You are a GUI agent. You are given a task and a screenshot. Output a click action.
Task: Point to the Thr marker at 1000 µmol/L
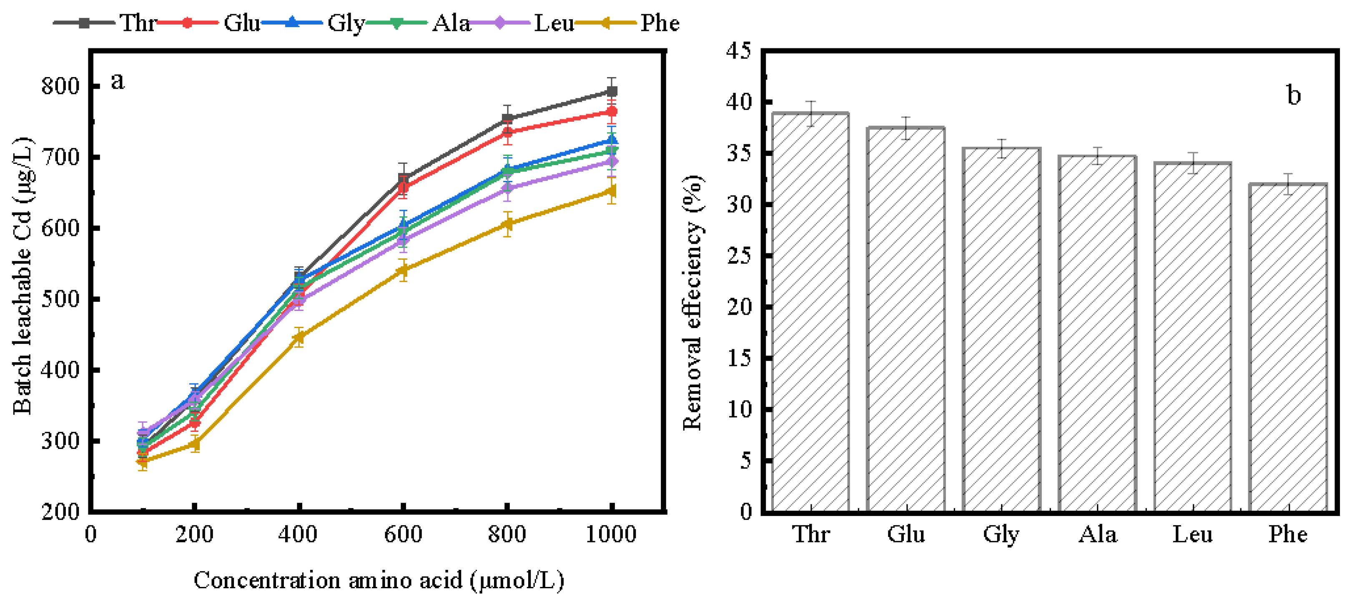[x=611, y=91]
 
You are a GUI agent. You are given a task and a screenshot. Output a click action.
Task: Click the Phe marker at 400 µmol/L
[x=299, y=337]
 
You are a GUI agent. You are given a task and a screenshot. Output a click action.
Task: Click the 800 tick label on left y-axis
[x=60, y=86]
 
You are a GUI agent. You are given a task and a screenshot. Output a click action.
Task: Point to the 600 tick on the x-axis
[x=403, y=534]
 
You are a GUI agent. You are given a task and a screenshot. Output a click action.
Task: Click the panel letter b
[x=1293, y=95]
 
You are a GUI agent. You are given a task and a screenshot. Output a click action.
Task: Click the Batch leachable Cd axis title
[x=22, y=276]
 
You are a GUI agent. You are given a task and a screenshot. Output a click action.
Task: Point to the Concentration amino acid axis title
[x=379, y=580]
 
